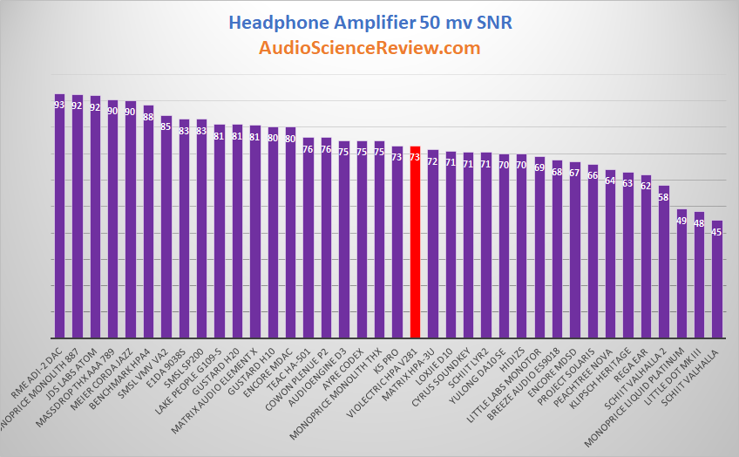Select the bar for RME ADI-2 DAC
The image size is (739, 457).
tap(59, 218)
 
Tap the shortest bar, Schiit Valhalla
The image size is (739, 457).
tap(717, 279)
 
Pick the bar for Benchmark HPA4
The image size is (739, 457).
tap(148, 222)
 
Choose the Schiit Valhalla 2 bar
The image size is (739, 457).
tap(664, 262)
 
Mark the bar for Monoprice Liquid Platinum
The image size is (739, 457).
tap(681, 274)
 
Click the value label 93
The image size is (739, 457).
tap(59, 105)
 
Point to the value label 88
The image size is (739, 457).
tap(148, 117)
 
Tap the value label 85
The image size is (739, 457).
tap(166, 126)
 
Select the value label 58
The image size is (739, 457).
tap(664, 197)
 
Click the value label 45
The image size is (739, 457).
tap(717, 232)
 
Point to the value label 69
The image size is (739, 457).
tap(539, 167)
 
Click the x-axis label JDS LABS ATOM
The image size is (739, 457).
tap(77, 366)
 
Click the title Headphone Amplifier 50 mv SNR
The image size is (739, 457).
tap(369, 21)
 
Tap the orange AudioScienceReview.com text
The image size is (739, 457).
tap(369, 48)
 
